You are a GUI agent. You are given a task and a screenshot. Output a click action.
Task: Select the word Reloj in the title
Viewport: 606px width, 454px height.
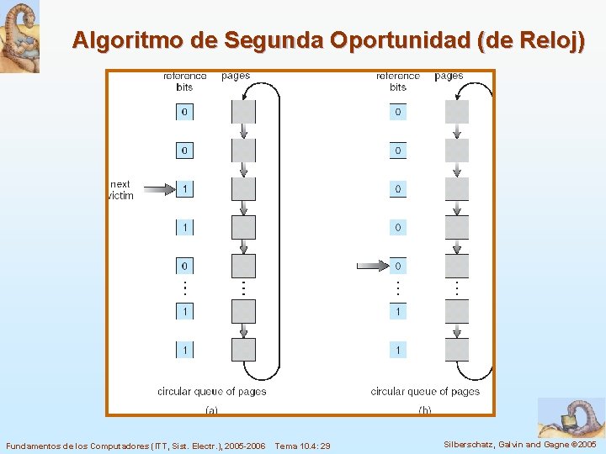(542, 40)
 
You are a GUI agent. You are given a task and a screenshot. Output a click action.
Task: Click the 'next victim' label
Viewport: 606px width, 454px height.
(121, 190)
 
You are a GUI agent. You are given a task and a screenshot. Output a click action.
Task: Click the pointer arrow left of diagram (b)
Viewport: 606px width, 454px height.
(372, 266)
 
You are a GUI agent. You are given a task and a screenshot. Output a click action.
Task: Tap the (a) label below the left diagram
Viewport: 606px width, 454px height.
(211, 410)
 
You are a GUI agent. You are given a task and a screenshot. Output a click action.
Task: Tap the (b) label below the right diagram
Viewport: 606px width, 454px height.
(425, 410)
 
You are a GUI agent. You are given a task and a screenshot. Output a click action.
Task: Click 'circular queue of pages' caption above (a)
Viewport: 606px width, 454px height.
(211, 391)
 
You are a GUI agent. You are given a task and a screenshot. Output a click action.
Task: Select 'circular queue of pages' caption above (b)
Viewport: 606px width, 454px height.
(425, 391)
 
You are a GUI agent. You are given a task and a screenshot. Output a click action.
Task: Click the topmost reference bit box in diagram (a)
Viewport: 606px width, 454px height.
(184, 112)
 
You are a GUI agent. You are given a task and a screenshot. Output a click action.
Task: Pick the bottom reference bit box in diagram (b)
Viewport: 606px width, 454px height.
(398, 349)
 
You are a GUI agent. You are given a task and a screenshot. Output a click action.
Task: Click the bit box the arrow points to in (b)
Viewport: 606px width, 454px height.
(398, 266)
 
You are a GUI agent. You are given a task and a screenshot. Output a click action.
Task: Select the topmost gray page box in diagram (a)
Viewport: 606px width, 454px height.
(243, 112)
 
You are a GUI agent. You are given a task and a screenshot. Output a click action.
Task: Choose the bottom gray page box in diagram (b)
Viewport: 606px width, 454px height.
(457, 349)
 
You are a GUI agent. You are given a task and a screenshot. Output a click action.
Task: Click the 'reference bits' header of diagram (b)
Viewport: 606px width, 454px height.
(398, 82)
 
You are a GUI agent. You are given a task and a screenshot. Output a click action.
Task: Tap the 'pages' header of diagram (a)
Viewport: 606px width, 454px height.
(236, 76)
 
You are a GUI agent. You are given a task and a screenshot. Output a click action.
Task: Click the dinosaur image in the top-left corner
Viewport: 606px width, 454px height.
(19, 36)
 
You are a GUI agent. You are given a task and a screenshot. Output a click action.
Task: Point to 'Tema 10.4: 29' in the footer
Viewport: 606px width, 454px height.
(302, 445)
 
